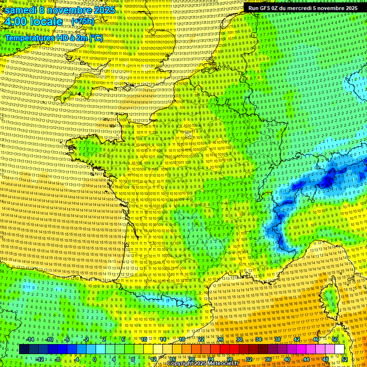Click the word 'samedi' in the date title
click(x=21, y=10)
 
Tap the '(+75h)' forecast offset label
click(x=83, y=21)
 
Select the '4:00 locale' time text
click(x=33, y=22)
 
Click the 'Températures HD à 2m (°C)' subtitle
click(x=54, y=37)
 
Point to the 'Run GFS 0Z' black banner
click(x=302, y=8)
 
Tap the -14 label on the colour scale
click(x=31, y=339)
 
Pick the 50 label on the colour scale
click(x=335, y=339)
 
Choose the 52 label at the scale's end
click(x=345, y=359)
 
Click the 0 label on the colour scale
click(x=95, y=359)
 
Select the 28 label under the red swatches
click(x=230, y=359)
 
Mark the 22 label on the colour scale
click(x=201, y=339)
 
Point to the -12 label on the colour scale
click(x=40, y=359)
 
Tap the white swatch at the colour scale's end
click(x=339, y=349)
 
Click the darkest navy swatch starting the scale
click(x=24, y=349)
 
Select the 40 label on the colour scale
click(x=287, y=359)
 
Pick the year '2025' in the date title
click(x=104, y=10)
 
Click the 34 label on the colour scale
click(x=259, y=339)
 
